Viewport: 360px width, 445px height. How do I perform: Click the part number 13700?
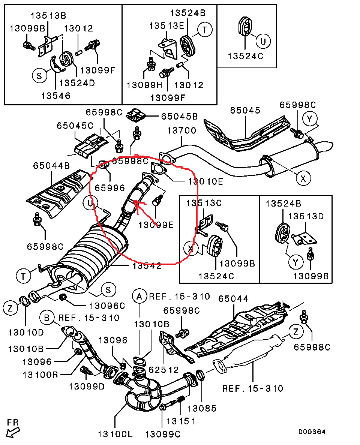(181, 131)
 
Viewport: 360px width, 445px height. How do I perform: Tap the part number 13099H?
(144, 85)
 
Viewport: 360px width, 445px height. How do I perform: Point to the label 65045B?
(179, 117)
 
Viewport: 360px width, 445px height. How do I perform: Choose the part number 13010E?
(205, 182)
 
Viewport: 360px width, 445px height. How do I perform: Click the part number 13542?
(147, 266)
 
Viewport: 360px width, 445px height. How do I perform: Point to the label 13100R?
(40, 374)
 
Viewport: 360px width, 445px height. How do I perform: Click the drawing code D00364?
(312, 432)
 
